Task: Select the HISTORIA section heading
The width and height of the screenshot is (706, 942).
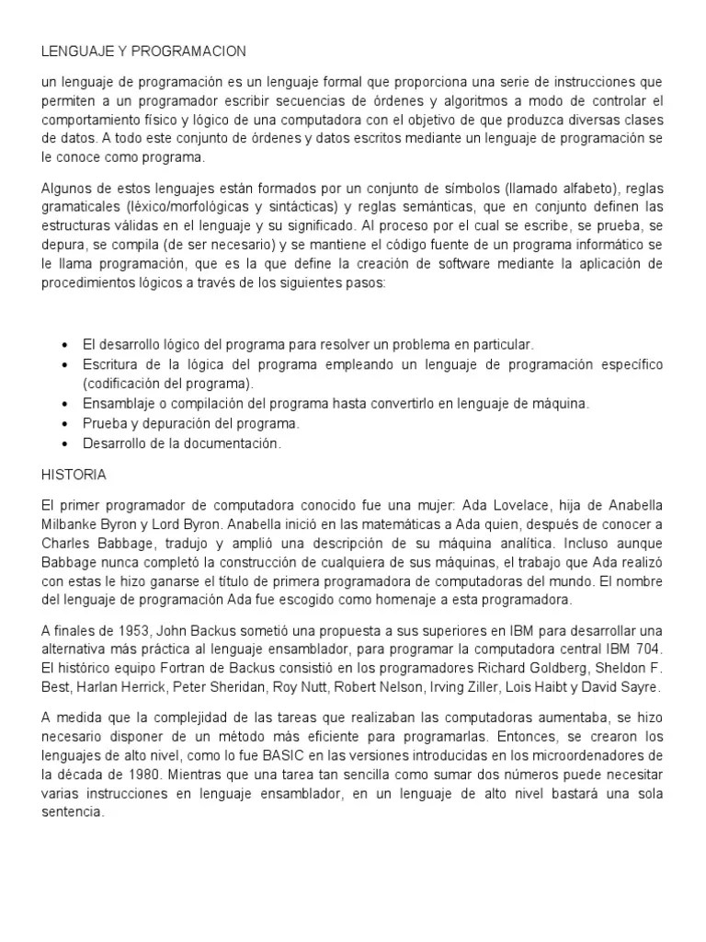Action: (x=74, y=475)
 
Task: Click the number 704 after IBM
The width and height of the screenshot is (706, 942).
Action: (x=650, y=648)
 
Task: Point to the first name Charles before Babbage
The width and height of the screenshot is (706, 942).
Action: (x=67, y=542)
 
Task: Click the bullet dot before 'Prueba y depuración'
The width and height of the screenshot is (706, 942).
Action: (x=63, y=424)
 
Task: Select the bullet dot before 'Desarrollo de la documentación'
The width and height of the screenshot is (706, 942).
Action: (x=63, y=443)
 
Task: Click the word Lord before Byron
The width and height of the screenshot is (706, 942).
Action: (x=167, y=524)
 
